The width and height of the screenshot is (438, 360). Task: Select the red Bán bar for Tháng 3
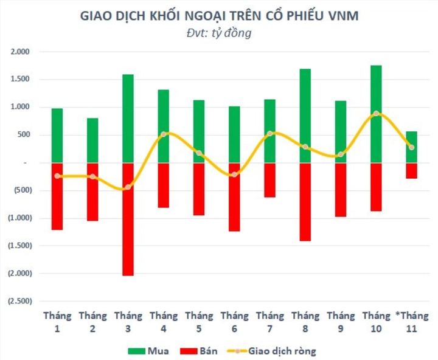click(x=128, y=219)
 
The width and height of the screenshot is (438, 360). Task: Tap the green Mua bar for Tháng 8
click(x=305, y=116)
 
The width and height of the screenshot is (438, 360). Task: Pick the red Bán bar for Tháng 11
click(x=411, y=170)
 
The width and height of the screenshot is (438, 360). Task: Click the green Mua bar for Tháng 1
click(x=57, y=135)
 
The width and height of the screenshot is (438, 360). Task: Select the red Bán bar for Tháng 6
click(x=234, y=197)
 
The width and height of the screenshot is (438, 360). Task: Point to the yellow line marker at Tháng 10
click(x=376, y=114)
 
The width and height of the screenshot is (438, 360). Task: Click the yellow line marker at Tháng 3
click(x=128, y=187)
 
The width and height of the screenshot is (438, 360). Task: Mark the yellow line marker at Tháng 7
click(x=269, y=134)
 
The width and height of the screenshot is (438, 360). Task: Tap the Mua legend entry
click(x=147, y=350)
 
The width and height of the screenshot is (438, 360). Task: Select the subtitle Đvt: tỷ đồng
click(x=218, y=33)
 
